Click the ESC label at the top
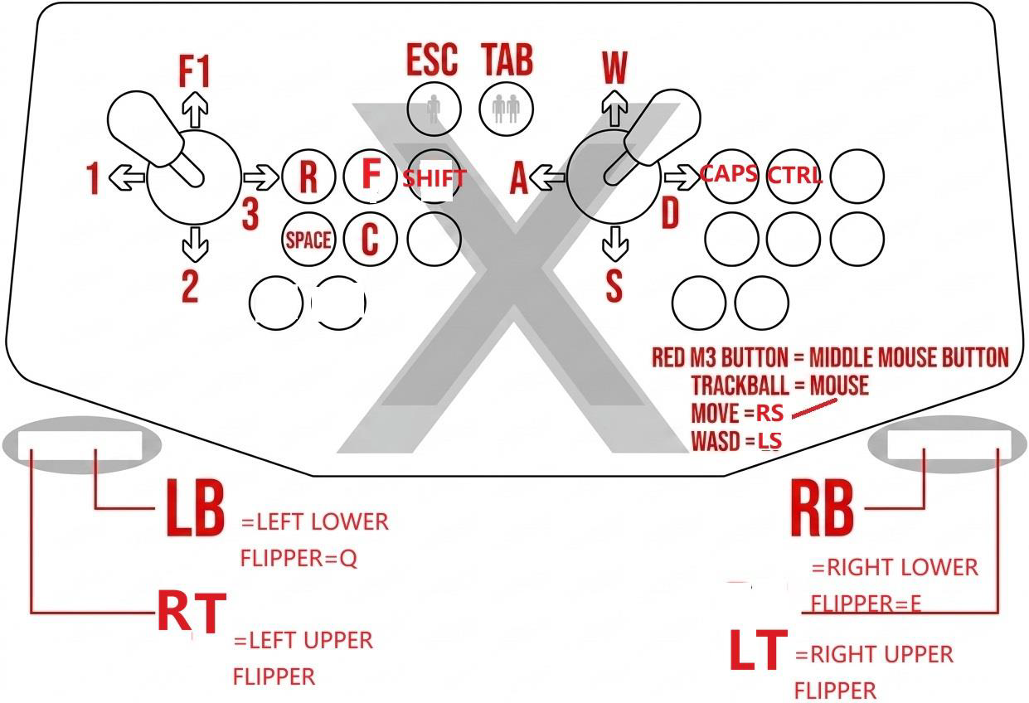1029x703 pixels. click(431, 61)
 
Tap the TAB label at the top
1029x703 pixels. click(507, 61)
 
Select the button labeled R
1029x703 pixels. click(308, 177)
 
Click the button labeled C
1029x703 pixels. click(370, 240)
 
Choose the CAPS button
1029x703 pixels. click(730, 174)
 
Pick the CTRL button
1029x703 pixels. click(794, 176)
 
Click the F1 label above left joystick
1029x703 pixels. click(194, 73)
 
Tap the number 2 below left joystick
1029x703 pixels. click(190, 287)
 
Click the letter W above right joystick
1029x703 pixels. click(614, 69)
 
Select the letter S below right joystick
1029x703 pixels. click(614, 285)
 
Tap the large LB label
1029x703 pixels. click(196, 507)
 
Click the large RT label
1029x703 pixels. click(192, 613)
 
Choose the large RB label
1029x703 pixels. click(822, 509)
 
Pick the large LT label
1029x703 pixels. click(758, 651)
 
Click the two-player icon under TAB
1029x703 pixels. click(506, 109)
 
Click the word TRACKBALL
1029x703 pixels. click(744, 385)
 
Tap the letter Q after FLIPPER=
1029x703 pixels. click(348, 559)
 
